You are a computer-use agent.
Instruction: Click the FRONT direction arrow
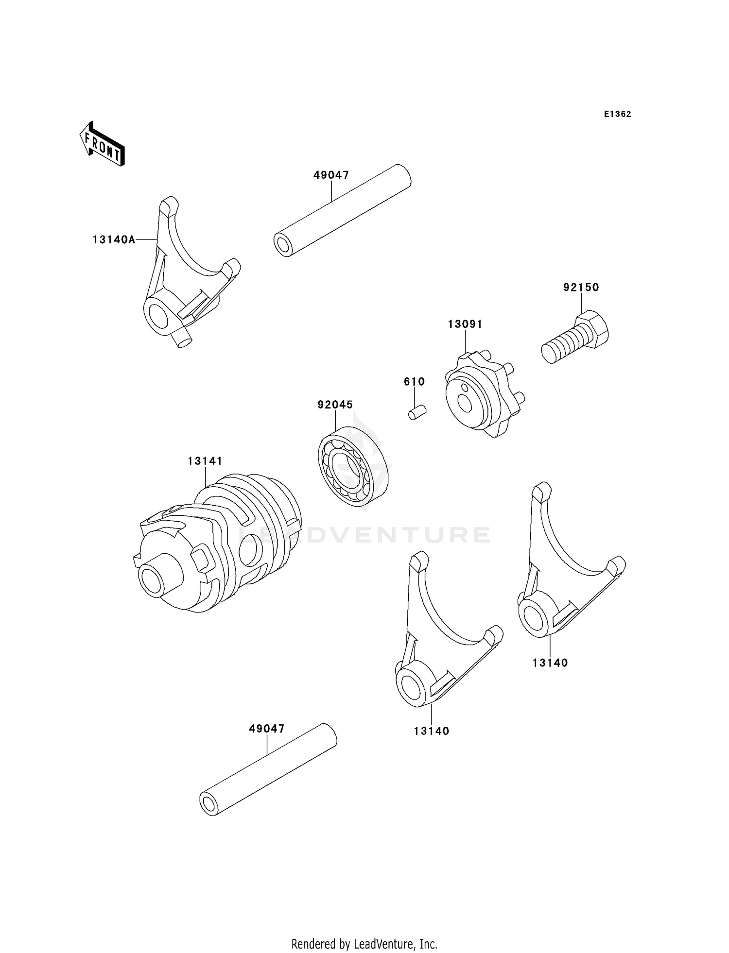pos(103,144)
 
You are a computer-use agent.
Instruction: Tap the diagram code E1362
pos(617,114)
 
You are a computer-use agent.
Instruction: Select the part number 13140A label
pos(114,239)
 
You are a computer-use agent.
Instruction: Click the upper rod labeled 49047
pos(342,211)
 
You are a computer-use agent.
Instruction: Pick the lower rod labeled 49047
pos(268,775)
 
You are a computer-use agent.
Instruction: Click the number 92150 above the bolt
pos(581,287)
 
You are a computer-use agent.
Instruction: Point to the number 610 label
pos(414,382)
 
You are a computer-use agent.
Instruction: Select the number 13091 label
pos(465,324)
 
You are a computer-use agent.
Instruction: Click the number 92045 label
pos(335,405)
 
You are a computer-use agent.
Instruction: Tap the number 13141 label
pos(205,460)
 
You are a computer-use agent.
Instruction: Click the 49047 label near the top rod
pos(331,175)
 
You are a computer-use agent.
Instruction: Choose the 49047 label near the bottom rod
pos(267,729)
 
